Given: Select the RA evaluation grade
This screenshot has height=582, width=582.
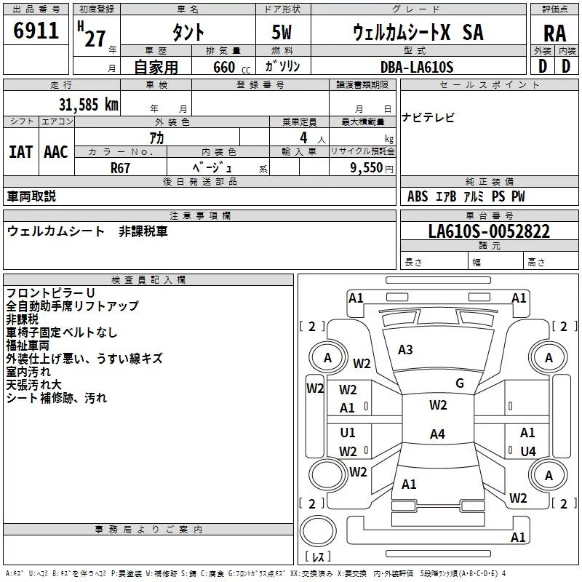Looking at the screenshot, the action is tap(554, 33).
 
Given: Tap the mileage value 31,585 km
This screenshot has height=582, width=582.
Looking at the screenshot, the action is tap(88, 104).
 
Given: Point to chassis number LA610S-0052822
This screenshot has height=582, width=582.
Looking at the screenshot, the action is tap(489, 231).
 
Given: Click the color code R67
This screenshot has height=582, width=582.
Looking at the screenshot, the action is tap(121, 168).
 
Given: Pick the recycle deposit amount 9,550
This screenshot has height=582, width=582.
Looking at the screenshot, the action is tap(362, 168).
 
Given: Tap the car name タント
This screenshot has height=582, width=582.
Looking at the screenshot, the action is tap(187, 33).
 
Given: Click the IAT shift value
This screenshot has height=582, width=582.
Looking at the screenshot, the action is tap(20, 151).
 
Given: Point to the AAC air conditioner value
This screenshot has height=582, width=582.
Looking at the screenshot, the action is tap(55, 151).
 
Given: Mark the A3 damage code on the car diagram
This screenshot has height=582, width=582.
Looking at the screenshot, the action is tap(405, 350).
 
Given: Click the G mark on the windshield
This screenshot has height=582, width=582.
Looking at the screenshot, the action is tap(460, 383).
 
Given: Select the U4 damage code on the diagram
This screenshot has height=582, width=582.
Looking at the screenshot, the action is tap(528, 451).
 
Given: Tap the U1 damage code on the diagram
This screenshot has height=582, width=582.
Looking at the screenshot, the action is tap(348, 433).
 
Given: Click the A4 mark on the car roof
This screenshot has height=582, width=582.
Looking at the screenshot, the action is tap(436, 434).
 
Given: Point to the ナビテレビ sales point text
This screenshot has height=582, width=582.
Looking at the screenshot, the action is tap(428, 118).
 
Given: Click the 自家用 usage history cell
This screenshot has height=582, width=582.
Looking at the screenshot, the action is tap(156, 67).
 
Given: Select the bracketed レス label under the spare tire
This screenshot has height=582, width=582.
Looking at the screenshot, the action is tap(318, 557).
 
